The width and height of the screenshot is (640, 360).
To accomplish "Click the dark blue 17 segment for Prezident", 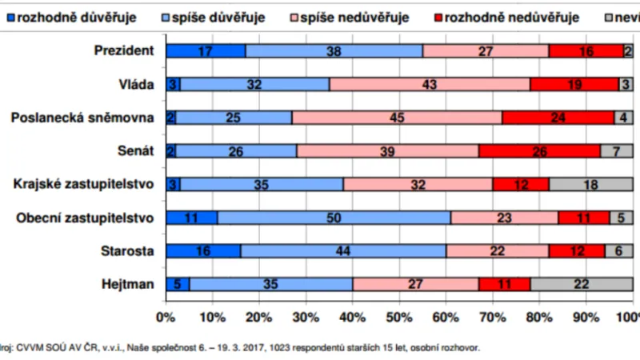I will (x=206, y=51).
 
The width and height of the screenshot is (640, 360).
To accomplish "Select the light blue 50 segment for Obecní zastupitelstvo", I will (x=333, y=217).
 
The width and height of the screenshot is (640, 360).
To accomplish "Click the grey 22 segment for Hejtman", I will (x=582, y=283).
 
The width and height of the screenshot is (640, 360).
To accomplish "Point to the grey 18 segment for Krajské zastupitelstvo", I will (x=590, y=184).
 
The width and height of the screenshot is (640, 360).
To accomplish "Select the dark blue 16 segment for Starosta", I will (x=202, y=250).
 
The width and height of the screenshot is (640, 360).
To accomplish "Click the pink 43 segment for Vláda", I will (x=429, y=84).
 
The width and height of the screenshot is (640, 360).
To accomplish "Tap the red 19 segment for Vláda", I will (x=574, y=84).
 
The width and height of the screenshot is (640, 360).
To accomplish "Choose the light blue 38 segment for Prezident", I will (x=334, y=51).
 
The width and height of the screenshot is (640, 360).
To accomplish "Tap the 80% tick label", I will (x=540, y=317).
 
